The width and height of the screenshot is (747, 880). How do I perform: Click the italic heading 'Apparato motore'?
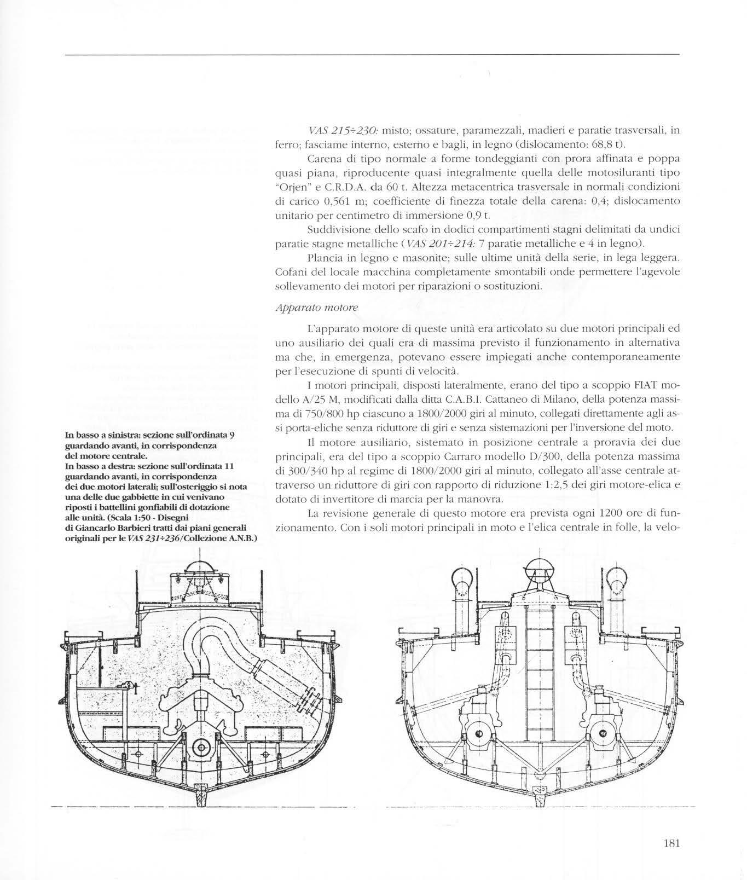coord(316,308)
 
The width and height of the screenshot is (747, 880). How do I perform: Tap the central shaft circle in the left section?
coord(200,746)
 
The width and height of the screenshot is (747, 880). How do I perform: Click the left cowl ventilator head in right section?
coord(461,581)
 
